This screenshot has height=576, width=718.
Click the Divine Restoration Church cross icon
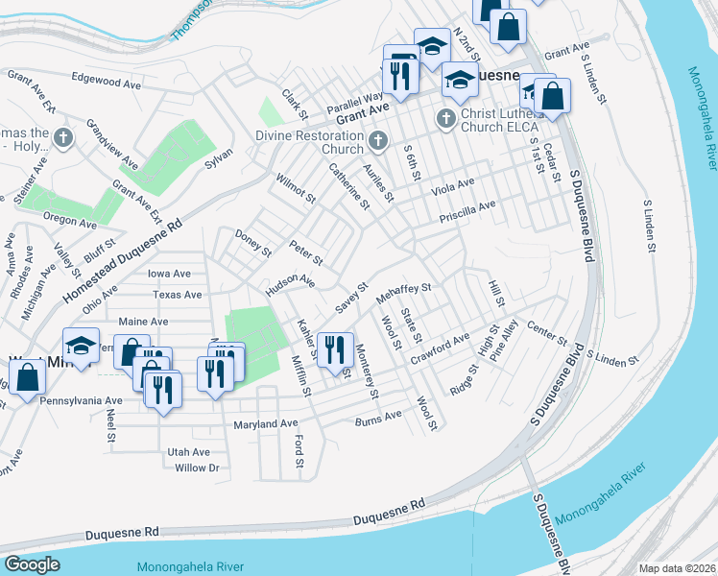tap(377, 141)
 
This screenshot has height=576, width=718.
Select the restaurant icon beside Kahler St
tap(335, 348)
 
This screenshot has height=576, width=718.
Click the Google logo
tap(32, 564)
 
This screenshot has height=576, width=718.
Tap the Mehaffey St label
tap(404, 289)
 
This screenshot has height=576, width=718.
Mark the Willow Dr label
tap(198, 468)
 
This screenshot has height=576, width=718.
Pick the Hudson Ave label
tap(291, 280)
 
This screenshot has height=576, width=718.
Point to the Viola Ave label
tap(452, 184)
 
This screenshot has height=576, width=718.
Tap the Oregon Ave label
tap(69, 223)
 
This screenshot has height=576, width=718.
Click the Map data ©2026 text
tap(677, 568)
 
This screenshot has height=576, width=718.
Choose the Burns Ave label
tap(378, 418)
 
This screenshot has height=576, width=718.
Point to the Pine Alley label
tap(503, 339)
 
